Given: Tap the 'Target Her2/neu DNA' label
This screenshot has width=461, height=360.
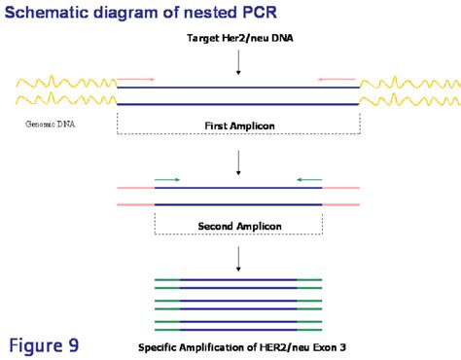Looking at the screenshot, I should [238, 38].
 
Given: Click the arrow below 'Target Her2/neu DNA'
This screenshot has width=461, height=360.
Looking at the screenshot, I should [238, 61].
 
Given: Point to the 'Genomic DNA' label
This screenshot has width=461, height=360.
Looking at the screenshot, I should [48, 125].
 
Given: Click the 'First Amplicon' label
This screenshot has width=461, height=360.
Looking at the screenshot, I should [237, 126].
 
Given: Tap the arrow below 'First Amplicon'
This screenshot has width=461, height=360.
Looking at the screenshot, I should [238, 161].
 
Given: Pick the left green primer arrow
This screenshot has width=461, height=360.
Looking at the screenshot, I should [166, 179].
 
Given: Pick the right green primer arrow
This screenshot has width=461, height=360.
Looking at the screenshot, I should [309, 179].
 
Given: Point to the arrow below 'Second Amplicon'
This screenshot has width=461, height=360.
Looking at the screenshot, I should [238, 259].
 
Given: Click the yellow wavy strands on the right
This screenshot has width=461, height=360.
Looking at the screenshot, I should [408, 90].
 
